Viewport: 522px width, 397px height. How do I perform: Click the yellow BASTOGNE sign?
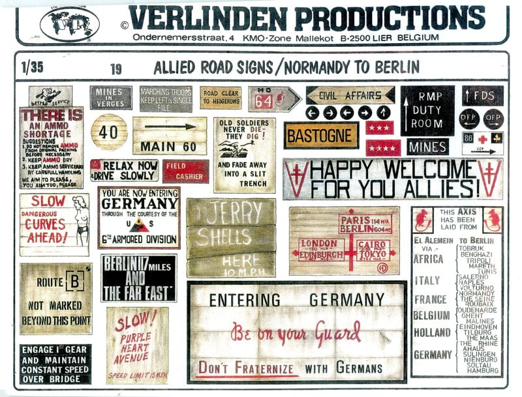point(321,136)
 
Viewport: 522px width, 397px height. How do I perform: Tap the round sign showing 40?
point(109,132)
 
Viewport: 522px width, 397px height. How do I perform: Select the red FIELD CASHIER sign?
point(186,171)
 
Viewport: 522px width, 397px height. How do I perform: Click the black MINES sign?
point(427,147)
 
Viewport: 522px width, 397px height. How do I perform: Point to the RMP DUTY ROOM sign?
point(427,110)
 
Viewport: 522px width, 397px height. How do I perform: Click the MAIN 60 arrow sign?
point(170,136)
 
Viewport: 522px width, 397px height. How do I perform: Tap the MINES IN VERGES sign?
point(110,97)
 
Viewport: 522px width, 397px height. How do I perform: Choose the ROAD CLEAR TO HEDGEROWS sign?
point(221,98)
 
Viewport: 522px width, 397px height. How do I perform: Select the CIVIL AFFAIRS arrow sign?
point(349,95)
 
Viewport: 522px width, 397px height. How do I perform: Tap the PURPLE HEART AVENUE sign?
point(137,346)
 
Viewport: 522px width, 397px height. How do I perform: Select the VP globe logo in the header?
point(69,24)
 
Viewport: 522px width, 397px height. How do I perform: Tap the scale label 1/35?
point(31,66)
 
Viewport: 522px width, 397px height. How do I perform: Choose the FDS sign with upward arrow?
point(482,95)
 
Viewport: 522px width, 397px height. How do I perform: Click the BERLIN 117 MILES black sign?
point(138,278)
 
